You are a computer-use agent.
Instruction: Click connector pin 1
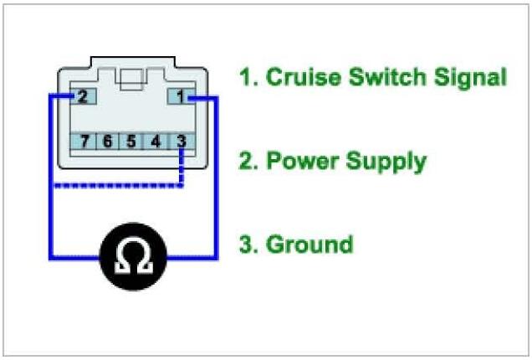[182, 95]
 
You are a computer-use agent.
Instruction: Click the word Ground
[309, 244]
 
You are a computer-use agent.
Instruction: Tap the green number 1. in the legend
[247, 78]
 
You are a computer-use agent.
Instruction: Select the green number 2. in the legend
[248, 161]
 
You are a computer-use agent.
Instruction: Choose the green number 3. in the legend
[248, 244]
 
